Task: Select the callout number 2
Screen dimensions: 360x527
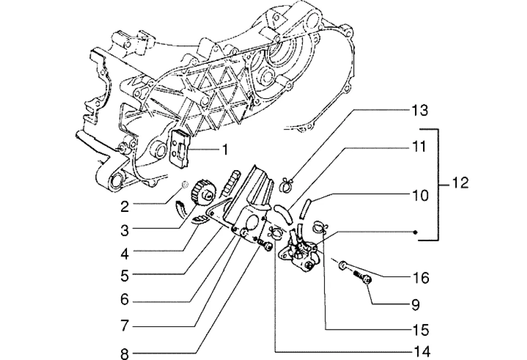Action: (x=124, y=207)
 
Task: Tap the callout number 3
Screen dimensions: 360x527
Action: (x=124, y=231)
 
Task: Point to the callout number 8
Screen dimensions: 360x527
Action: (x=124, y=354)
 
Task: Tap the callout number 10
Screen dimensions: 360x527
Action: (x=419, y=196)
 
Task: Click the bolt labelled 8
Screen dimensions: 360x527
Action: (x=266, y=246)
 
